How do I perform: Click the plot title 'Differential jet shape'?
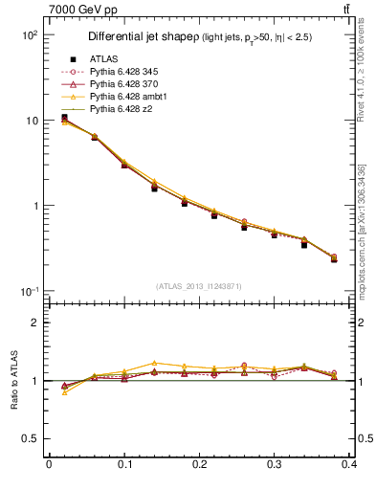click(142, 37)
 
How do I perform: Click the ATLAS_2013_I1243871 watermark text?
click(199, 286)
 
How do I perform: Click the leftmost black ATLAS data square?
click(64, 118)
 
